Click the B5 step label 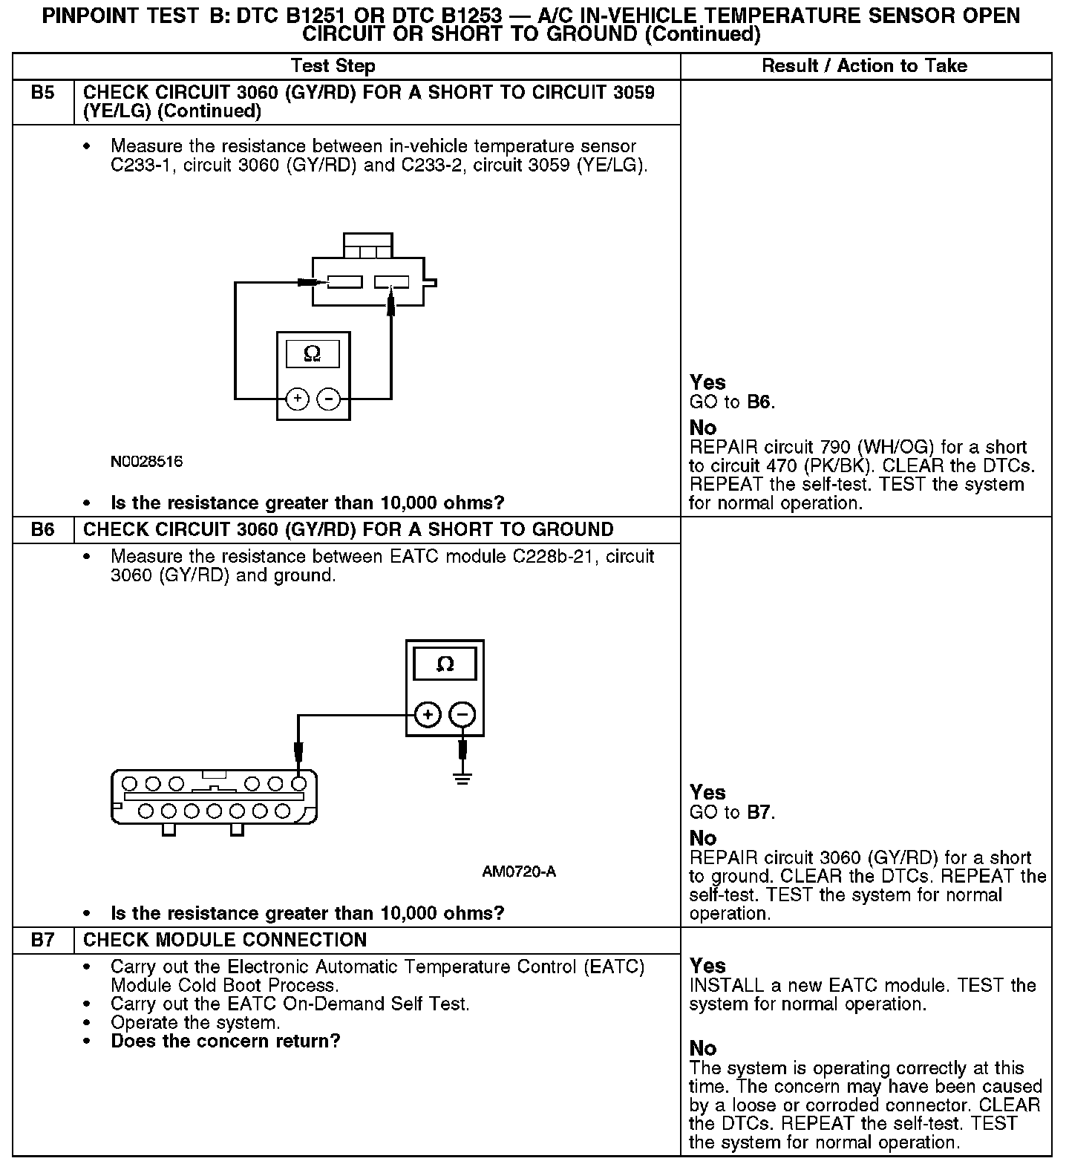pyautogui.click(x=43, y=93)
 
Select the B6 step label pyautogui.click(x=43, y=529)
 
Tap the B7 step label pyautogui.click(x=43, y=940)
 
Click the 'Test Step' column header pyautogui.click(x=333, y=66)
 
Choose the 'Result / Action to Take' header pyautogui.click(x=865, y=66)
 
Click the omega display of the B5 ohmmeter pyautogui.click(x=313, y=354)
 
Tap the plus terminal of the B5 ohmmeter pyautogui.click(x=297, y=399)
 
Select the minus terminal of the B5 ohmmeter pyautogui.click(x=328, y=399)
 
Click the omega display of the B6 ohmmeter pyautogui.click(x=445, y=664)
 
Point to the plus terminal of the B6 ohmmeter pyautogui.click(x=428, y=715)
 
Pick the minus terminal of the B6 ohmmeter pyautogui.click(x=462, y=715)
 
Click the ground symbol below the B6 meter pyautogui.click(x=462, y=779)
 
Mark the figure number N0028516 pyautogui.click(x=147, y=462)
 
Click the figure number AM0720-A pyautogui.click(x=519, y=872)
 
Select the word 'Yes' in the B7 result pyautogui.click(x=707, y=966)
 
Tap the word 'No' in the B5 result pyautogui.click(x=703, y=428)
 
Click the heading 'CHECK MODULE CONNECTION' pyautogui.click(x=225, y=940)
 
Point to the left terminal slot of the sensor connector pyautogui.click(x=344, y=282)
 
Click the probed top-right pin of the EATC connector pyautogui.click(x=298, y=783)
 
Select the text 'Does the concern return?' pyautogui.click(x=226, y=1041)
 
